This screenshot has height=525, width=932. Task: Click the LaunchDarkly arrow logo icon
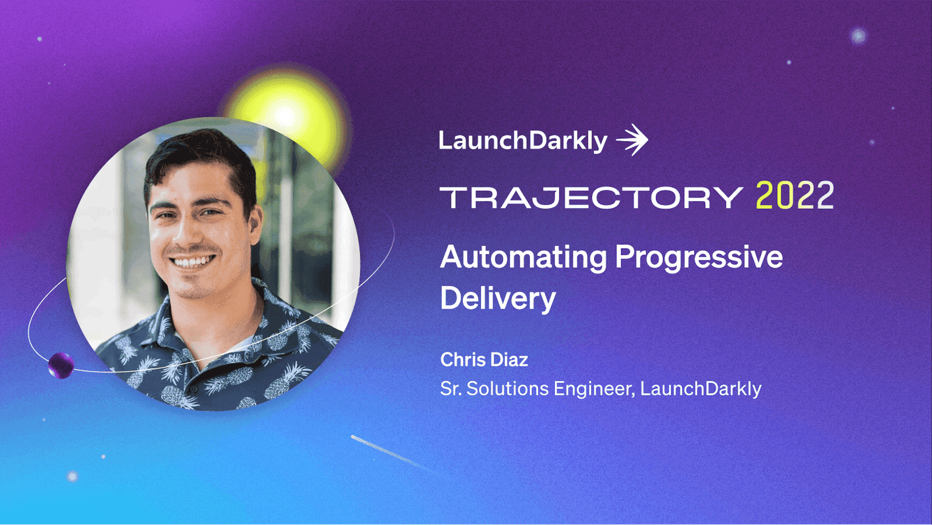tap(632, 140)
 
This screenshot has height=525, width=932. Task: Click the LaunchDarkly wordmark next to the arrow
tap(523, 141)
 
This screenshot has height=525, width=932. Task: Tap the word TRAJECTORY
tap(591, 198)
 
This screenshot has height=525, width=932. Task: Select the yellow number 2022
tap(795, 195)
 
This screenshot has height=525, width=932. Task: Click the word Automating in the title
tap(524, 258)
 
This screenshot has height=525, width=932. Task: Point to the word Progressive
tap(699, 258)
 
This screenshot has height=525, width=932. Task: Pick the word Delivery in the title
tap(498, 298)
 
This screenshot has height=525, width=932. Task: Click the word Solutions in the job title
tap(507, 388)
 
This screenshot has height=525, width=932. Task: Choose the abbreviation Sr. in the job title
tap(451, 388)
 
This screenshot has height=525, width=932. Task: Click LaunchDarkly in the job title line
tap(701, 389)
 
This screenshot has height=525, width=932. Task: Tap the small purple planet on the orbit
tap(61, 366)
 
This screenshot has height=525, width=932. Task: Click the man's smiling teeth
tap(192, 262)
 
